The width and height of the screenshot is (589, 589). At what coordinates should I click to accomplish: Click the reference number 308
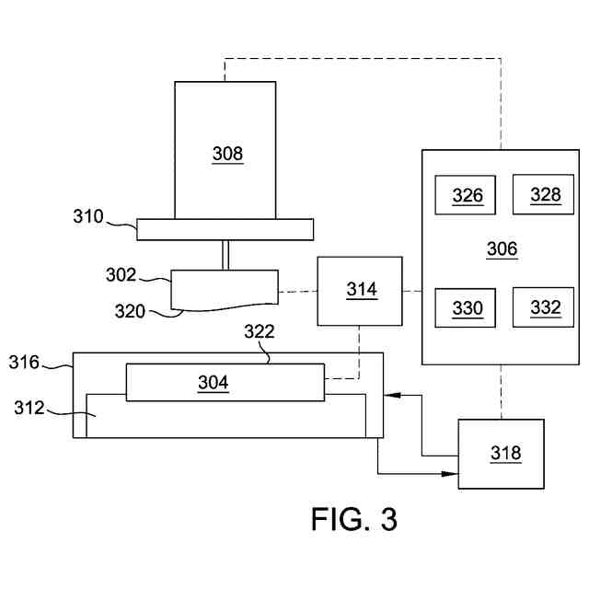point(227,154)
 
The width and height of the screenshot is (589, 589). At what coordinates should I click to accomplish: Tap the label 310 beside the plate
point(88,216)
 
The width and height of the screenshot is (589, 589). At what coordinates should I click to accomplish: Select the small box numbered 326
point(465,195)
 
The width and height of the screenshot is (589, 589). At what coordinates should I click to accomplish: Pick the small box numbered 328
point(543,194)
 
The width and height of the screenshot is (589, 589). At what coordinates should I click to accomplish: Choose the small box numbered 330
point(465,308)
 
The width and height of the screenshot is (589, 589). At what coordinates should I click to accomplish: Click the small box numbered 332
point(543,307)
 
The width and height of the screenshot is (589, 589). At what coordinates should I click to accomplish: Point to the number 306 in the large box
point(502,248)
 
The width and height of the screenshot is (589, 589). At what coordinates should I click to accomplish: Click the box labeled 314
point(360,291)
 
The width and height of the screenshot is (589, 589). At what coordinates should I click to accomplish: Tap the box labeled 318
point(501,454)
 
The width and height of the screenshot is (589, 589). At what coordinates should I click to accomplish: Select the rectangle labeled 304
point(225,383)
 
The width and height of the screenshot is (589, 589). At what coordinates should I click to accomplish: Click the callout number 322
point(260,331)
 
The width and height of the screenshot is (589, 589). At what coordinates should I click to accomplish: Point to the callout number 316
point(24,363)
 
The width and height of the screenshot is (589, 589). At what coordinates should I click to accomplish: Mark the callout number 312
point(29,408)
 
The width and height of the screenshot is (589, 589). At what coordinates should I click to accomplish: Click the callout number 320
point(130,311)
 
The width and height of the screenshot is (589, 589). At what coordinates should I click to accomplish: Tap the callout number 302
point(121,275)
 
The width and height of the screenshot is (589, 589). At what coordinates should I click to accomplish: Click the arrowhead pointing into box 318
point(450,474)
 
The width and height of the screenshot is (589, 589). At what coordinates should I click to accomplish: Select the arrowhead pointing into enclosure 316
point(392,395)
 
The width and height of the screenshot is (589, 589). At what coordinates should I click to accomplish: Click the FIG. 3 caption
point(354,519)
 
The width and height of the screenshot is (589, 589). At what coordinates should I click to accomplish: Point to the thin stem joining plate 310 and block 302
point(225,255)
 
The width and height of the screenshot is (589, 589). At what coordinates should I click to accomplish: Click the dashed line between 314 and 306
point(412,291)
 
